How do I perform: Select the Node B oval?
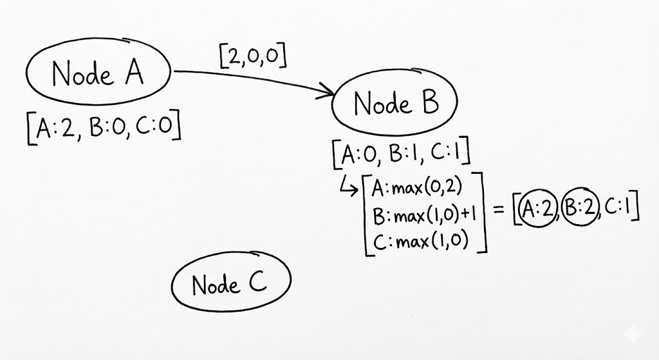394,104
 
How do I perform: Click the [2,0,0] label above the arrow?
252,57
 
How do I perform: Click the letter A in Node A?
133,73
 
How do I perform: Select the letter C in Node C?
256,283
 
